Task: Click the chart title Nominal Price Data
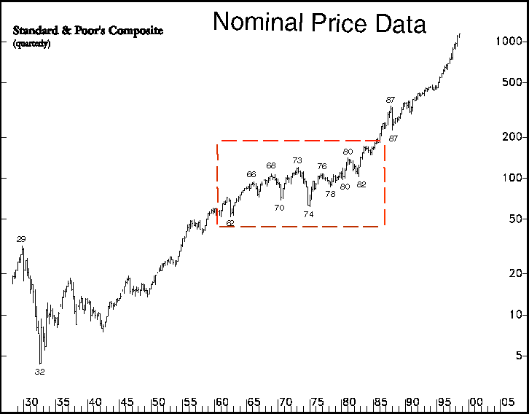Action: tap(319, 23)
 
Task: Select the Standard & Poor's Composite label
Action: tap(88, 31)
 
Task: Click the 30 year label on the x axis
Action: tap(31, 402)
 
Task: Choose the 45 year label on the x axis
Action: tap(126, 402)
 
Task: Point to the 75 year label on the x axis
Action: tap(317, 402)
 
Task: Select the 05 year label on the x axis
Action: tap(507, 402)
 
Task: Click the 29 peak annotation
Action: tap(21, 239)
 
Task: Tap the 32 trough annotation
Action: tap(39, 371)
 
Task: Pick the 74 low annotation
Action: tap(308, 214)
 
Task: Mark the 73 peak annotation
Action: tap(297, 160)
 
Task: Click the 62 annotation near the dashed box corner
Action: tap(230, 222)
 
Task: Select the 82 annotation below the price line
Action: tap(361, 184)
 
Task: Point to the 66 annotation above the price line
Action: tap(251, 174)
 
